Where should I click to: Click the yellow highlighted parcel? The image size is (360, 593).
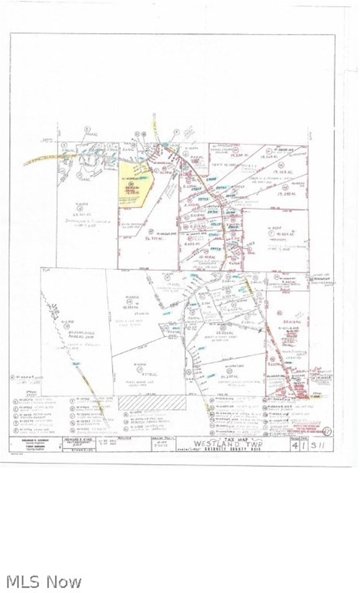click(x=133, y=186)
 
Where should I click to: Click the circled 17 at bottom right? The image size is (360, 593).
click(x=326, y=431)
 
